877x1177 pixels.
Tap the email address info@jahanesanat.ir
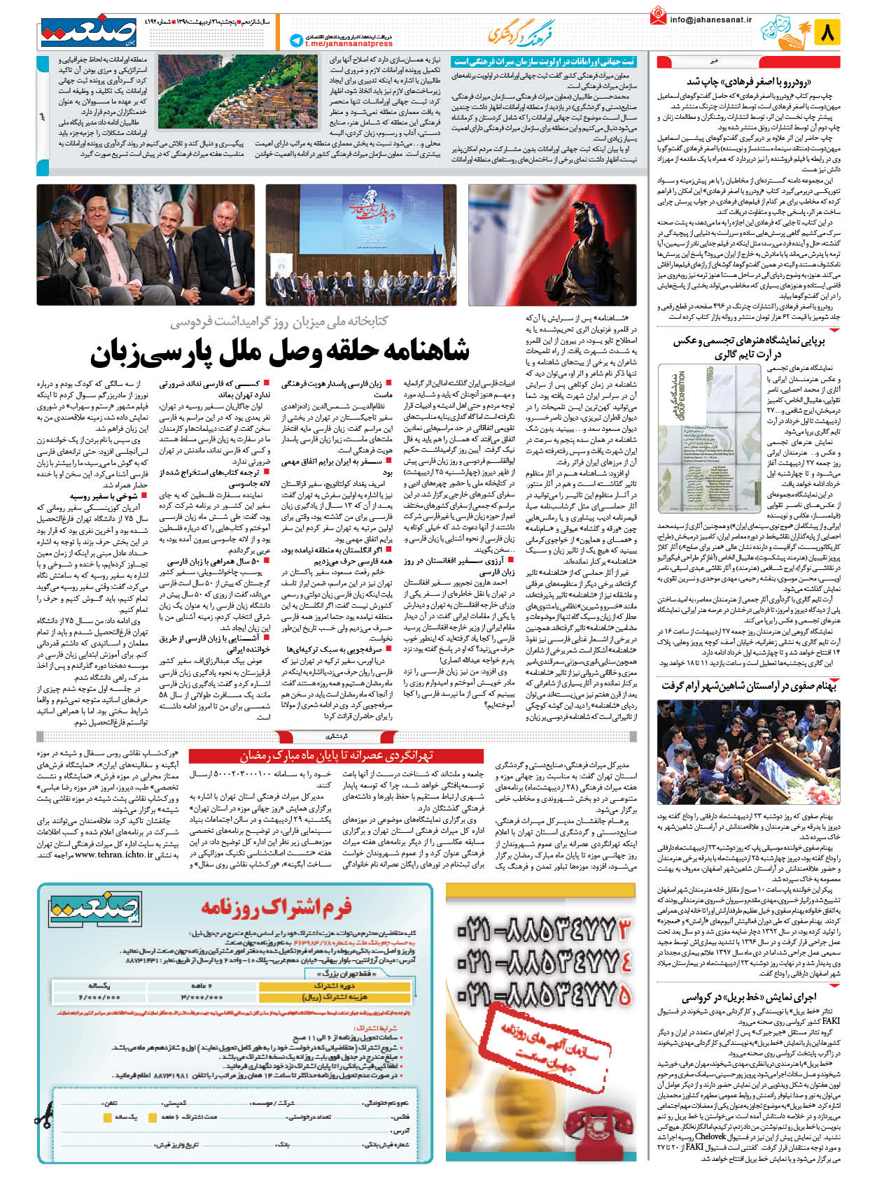click(710, 20)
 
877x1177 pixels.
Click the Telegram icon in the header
click(296, 41)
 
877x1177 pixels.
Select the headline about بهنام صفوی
click(748, 686)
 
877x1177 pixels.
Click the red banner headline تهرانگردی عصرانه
click(337, 756)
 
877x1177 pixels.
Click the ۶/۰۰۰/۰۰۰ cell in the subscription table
click(100, 997)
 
